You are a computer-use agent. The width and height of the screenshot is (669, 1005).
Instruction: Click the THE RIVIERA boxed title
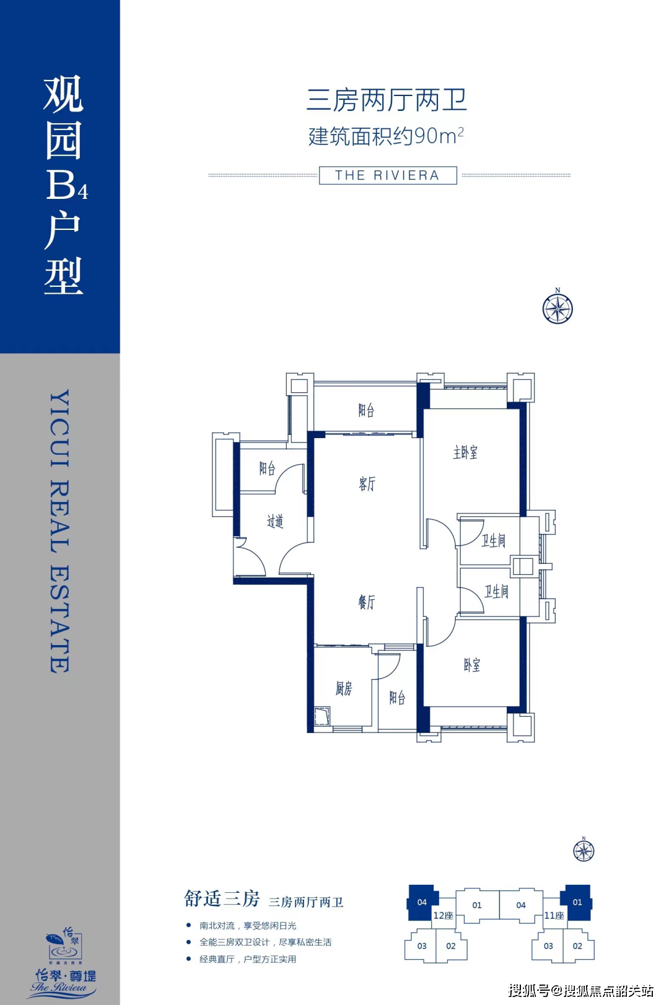pos(388,175)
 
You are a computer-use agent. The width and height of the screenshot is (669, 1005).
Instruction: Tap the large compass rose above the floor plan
pos(557,308)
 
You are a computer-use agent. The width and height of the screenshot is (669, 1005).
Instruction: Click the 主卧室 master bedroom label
pos(465,453)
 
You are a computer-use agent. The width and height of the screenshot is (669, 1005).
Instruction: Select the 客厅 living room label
pos(367,484)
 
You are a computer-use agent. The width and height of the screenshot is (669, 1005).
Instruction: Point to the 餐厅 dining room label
pos(367,602)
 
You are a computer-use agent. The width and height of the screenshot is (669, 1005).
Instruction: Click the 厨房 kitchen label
pos(344,688)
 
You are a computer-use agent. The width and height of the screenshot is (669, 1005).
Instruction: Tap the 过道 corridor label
pos(275,522)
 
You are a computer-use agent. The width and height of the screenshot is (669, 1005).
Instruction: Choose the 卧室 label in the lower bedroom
pos(471,665)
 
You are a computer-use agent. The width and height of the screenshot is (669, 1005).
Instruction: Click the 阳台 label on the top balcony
pos(366,410)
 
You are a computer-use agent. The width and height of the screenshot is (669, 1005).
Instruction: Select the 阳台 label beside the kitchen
pos(397,698)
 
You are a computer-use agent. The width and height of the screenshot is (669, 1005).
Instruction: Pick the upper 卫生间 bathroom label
pos(494,541)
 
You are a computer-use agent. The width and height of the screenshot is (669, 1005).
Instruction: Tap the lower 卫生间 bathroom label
pos(496,592)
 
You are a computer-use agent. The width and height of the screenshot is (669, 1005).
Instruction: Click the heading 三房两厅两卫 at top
pos(387,100)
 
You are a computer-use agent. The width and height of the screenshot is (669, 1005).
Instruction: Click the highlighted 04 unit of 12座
pos(422,902)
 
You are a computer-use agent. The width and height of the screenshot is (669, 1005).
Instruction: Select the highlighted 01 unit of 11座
pos(577,902)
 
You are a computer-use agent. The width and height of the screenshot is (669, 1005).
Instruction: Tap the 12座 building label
pos(443,916)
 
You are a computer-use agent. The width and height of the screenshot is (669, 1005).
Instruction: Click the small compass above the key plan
pos(584,851)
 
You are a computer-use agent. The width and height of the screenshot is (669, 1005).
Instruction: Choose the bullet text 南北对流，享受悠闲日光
pos(248,926)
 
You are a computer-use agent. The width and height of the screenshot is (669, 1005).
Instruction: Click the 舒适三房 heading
pos(222,899)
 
